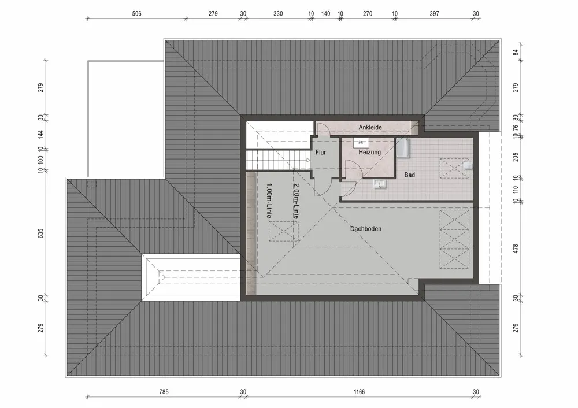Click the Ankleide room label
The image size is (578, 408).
[x=370, y=127]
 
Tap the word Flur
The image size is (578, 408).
[x=321, y=153]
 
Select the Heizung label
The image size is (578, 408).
[x=369, y=153]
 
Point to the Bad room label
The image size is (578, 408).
[x=410, y=174]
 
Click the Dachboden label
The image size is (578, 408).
[x=366, y=229]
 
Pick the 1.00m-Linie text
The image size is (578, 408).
[x=269, y=201]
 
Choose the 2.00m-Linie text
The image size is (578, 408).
[x=296, y=201]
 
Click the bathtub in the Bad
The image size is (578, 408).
[x=403, y=148]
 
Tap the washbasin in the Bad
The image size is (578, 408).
[x=380, y=184]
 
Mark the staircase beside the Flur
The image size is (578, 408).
[x=276, y=159]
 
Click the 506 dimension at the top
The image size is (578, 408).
[x=136, y=13]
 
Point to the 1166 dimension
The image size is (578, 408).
[x=359, y=392]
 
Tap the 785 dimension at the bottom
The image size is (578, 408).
[x=164, y=392]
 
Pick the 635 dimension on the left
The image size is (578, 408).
[x=40, y=233]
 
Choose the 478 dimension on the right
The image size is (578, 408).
[x=516, y=249]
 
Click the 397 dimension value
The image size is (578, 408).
[x=435, y=13]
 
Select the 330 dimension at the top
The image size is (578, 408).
[x=278, y=13]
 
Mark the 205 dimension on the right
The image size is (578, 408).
[x=516, y=157]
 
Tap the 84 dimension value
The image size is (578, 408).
[x=516, y=53]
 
